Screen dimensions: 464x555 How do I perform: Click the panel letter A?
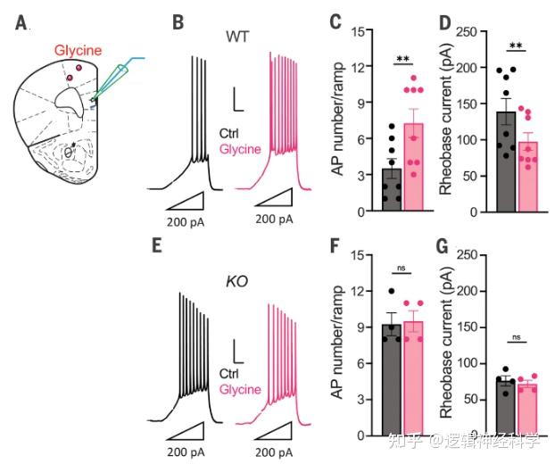click(x=21, y=21)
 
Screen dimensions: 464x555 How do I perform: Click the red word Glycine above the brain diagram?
click(x=78, y=50)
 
